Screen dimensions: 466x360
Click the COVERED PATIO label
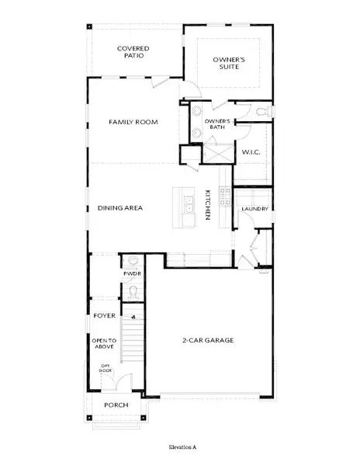[133, 53]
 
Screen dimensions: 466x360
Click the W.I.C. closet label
[251, 152]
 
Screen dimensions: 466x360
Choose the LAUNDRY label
[254, 209]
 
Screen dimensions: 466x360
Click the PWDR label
[131, 273]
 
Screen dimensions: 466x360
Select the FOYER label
[104, 316]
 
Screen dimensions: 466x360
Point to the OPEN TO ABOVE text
[104, 345]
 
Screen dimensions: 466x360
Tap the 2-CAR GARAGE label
[208, 340]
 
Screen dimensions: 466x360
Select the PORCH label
[116, 405]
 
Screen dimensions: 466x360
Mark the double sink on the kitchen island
[189, 206]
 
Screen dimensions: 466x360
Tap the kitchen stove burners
[223, 198]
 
